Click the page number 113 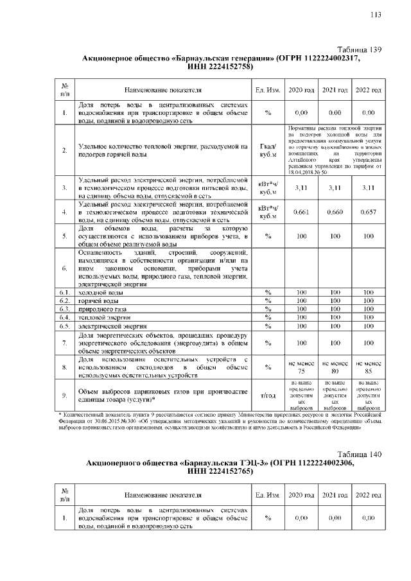(376, 16)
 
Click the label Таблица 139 (360, 49)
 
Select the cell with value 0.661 (301, 212)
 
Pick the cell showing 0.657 (368, 212)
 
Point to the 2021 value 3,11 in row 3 (335, 188)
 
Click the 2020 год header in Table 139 (301, 90)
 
